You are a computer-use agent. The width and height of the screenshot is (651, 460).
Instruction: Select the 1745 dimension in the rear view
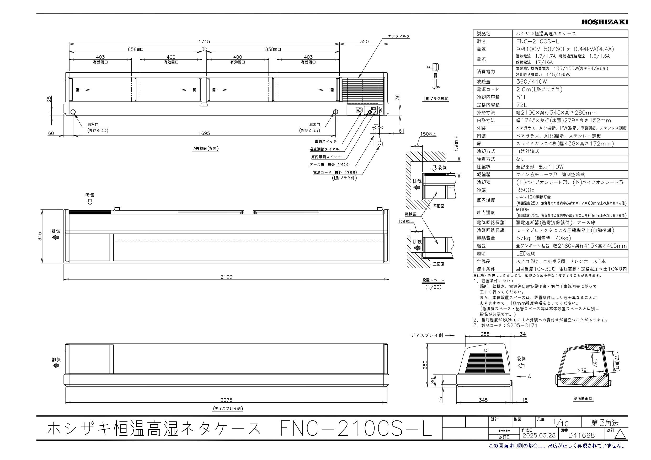pos(204,42)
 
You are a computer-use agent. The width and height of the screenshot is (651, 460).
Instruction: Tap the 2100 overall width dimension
pos(226,277)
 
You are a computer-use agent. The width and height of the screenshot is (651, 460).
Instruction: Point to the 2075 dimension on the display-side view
pos(226,400)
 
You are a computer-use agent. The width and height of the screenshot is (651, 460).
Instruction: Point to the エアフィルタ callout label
pos(399,36)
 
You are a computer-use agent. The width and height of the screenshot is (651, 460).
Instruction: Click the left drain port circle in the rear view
pos(73,112)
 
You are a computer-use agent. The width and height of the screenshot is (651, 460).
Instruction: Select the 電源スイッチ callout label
pos(326,142)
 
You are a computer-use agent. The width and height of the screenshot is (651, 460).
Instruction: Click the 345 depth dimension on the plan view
pos(40,236)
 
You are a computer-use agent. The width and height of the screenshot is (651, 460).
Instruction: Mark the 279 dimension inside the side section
pos(582,370)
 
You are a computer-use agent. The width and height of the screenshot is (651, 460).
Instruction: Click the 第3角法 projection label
pos(605,423)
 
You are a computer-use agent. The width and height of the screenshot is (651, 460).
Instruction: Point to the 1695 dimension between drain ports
pos(204,133)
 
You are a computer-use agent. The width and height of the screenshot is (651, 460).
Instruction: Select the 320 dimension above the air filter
pos(364,42)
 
